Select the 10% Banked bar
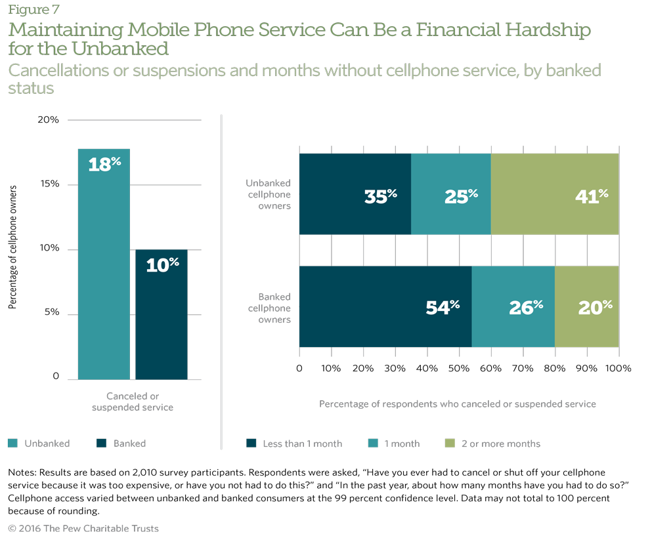point(162,314)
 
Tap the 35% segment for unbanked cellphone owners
point(355,194)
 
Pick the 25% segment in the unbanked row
point(451,194)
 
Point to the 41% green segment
point(555,194)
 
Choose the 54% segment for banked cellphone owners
point(385,306)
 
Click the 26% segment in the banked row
point(513,306)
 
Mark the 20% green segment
point(587,306)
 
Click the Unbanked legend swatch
point(12,444)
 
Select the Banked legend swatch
point(101,444)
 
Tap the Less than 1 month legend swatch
point(251,444)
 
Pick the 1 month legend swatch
point(372,444)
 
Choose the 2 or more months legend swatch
point(450,444)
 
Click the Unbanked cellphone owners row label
point(268,194)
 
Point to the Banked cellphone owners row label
point(269,308)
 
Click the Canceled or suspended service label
point(133,402)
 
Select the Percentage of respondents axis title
point(458,404)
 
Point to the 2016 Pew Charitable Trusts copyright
point(83,529)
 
